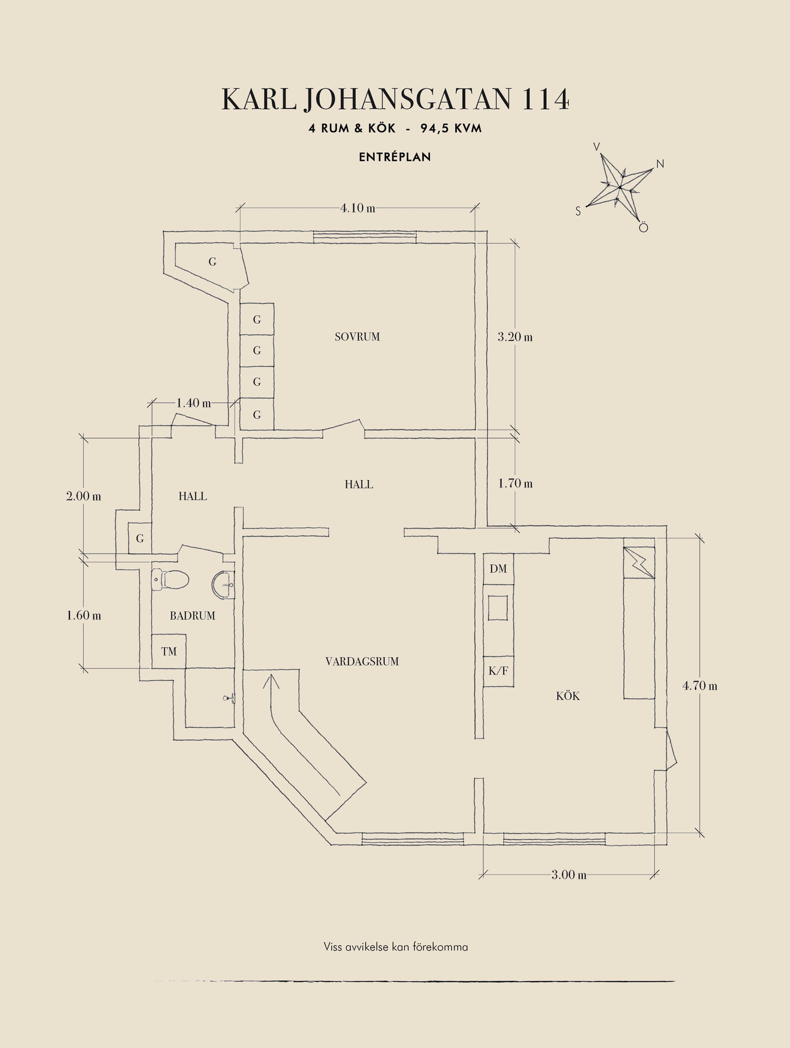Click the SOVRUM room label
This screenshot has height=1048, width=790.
357,337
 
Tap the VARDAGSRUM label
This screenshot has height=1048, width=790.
362,662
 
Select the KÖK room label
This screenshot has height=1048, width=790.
568,696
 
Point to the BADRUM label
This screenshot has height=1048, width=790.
193,616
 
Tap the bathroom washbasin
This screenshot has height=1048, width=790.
223,585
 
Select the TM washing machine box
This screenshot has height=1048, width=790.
169,651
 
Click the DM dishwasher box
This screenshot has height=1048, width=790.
499,569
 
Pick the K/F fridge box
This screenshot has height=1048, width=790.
499,671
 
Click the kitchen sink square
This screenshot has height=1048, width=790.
498,608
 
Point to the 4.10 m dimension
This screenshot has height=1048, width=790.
358,208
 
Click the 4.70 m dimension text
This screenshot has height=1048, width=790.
700,686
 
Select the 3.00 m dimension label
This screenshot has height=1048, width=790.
569,875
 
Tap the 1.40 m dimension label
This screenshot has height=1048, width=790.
194,403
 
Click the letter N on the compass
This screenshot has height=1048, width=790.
660,164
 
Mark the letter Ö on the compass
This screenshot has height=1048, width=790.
643,227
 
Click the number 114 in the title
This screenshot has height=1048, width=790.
546,99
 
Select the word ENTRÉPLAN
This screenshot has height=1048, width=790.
395,157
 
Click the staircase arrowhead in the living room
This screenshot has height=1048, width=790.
271,681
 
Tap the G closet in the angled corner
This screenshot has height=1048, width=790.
212,262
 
